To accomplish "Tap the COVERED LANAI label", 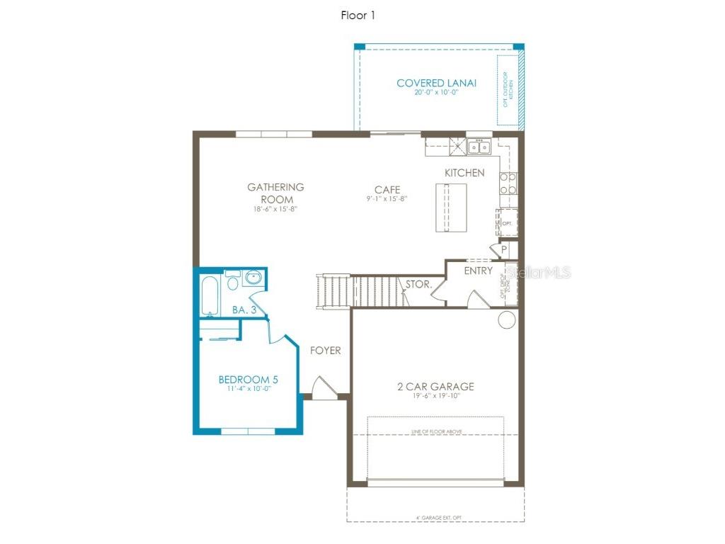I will click(x=436, y=83).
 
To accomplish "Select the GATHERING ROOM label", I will click(x=275, y=193).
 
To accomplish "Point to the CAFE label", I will click(x=387, y=190).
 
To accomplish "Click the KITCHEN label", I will click(x=464, y=173).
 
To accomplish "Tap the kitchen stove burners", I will click(x=508, y=183).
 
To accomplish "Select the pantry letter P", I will click(x=504, y=250).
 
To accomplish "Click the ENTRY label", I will click(x=478, y=271).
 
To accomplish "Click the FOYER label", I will click(x=325, y=351).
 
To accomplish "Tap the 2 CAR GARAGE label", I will click(x=435, y=387).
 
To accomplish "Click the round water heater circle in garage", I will click(x=506, y=321).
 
